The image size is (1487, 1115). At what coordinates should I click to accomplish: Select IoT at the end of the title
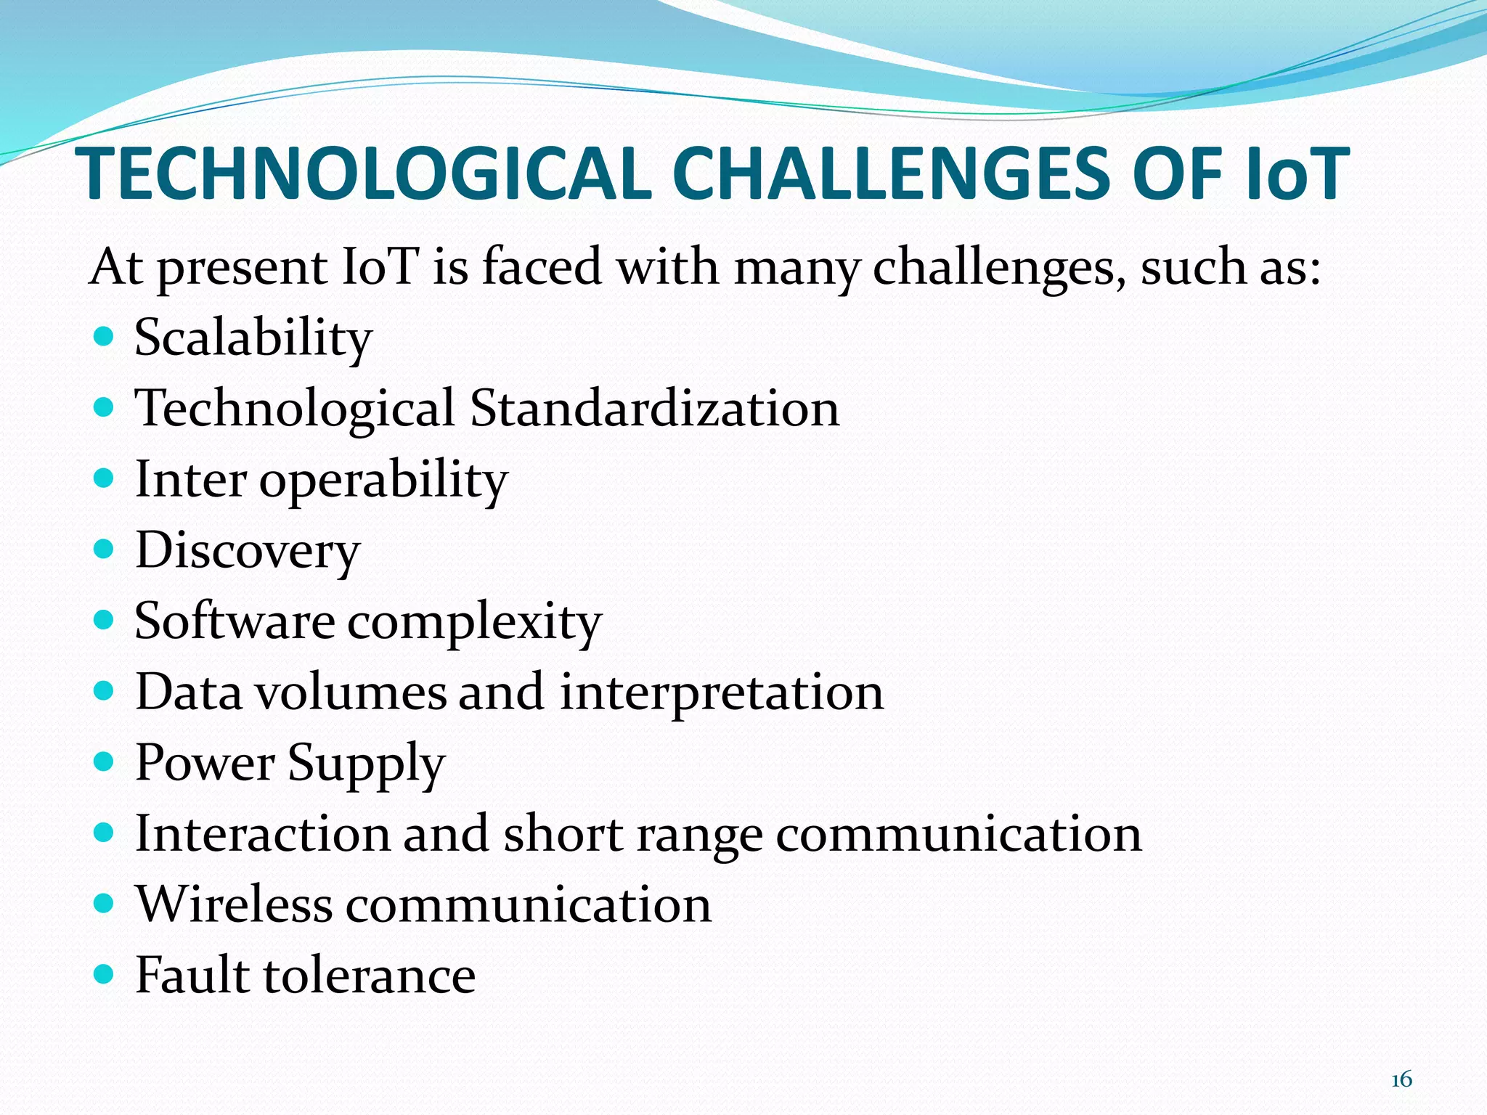pyautogui.click(x=1297, y=174)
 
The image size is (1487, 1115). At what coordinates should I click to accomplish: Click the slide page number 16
pyautogui.click(x=1401, y=1079)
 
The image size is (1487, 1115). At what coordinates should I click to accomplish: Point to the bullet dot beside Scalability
pyautogui.click(x=105, y=337)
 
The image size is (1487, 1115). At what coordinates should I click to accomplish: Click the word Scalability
pyautogui.click(x=253, y=338)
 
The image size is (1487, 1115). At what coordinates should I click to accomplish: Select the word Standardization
pyautogui.click(x=655, y=408)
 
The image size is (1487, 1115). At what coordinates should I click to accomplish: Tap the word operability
pyautogui.click(x=383, y=481)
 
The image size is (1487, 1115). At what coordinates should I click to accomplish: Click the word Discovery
pyautogui.click(x=248, y=550)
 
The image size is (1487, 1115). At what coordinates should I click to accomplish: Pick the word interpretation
pyautogui.click(x=722, y=693)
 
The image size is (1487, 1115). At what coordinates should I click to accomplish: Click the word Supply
pyautogui.click(x=366, y=764)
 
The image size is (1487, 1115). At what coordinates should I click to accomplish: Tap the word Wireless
pyautogui.click(x=234, y=904)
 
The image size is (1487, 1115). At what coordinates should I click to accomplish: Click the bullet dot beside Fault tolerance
pyautogui.click(x=105, y=973)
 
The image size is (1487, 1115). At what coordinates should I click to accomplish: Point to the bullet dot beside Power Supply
pyautogui.click(x=105, y=761)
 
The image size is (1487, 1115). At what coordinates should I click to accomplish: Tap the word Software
pyautogui.click(x=235, y=621)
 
